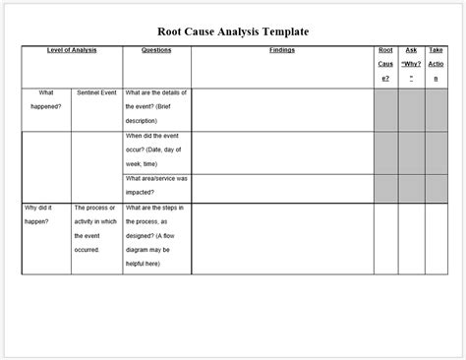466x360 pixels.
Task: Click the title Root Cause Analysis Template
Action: point(233,30)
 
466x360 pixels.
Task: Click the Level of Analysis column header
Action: point(71,49)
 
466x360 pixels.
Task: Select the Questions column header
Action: point(156,49)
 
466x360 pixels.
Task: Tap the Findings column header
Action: point(281,49)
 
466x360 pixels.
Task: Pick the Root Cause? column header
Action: point(385,64)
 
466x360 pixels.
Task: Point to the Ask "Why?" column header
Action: point(411,64)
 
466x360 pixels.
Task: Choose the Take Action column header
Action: point(436,64)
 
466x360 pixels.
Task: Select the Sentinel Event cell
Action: point(96,93)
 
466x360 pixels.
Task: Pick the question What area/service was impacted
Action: point(156,186)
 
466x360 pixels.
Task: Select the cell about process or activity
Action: point(96,229)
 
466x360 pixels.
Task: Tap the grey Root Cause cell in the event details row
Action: point(385,108)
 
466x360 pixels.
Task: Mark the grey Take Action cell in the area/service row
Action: point(436,188)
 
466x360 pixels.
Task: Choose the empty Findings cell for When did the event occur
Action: point(281,151)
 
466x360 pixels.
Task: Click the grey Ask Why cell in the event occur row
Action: point(411,151)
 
